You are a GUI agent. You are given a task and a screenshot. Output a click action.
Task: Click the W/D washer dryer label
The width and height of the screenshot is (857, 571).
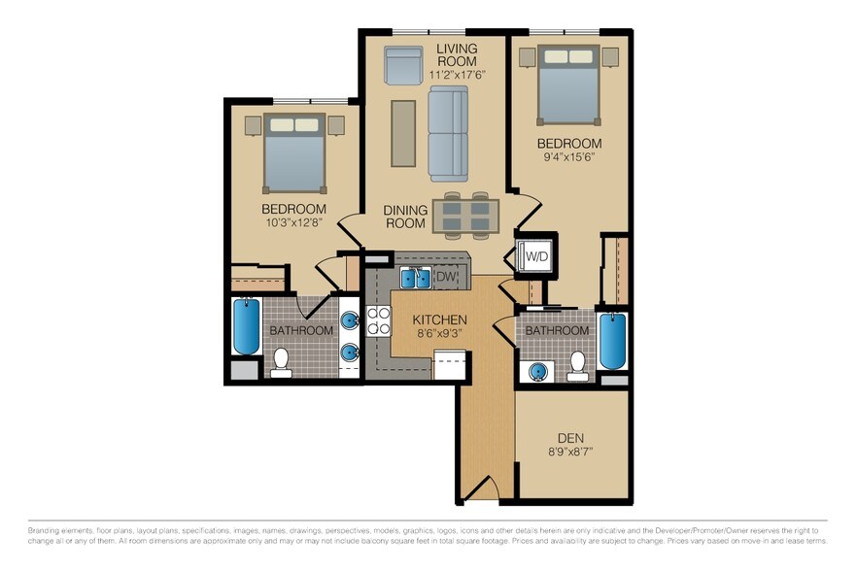pyautogui.click(x=536, y=257)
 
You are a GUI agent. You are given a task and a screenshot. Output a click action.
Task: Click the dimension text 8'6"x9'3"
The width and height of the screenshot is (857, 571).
pyautogui.click(x=439, y=335)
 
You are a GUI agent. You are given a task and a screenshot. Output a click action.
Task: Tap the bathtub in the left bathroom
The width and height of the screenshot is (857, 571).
pyautogui.click(x=247, y=328)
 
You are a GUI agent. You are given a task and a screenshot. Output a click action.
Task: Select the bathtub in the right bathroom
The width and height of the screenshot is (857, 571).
pyautogui.click(x=612, y=340)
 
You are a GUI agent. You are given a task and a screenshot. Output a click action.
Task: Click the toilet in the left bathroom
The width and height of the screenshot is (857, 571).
pyautogui.click(x=282, y=361)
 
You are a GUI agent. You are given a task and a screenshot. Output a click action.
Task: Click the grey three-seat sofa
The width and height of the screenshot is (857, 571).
pyautogui.click(x=448, y=133)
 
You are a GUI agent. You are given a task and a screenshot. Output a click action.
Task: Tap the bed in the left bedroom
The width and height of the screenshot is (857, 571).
pyautogui.click(x=294, y=151)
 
